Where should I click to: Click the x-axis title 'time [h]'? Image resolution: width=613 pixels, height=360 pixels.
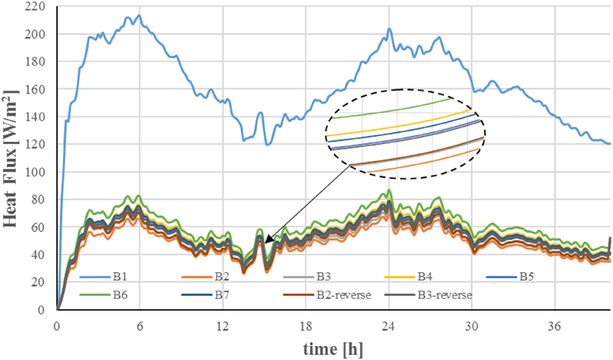(333, 349)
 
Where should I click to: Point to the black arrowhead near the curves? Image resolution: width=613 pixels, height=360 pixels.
(267, 240)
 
